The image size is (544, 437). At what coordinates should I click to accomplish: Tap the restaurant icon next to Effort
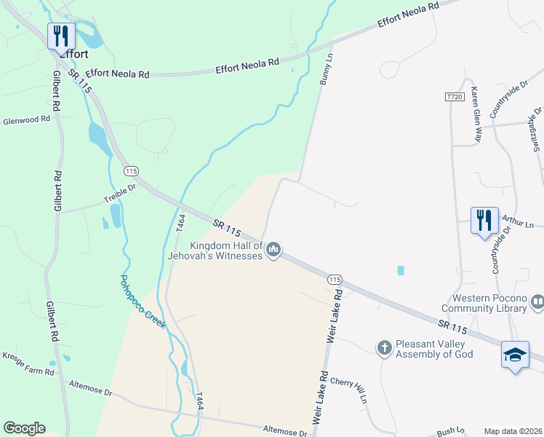[x=61, y=35]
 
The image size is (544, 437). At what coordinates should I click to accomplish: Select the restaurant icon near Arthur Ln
[x=484, y=220]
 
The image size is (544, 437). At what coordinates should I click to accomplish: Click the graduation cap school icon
[x=515, y=355]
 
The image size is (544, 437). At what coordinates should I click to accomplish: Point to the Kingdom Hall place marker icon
[x=273, y=250]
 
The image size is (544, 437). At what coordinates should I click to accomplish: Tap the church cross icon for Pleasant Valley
[x=385, y=347]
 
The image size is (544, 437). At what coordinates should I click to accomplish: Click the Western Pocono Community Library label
[x=489, y=303]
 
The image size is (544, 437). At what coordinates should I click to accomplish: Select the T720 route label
[x=454, y=96]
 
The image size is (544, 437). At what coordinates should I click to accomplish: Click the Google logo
[x=24, y=428]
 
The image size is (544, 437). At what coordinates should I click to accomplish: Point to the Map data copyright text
[x=513, y=431]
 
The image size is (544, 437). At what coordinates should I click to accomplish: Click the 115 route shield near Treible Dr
[x=131, y=171]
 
